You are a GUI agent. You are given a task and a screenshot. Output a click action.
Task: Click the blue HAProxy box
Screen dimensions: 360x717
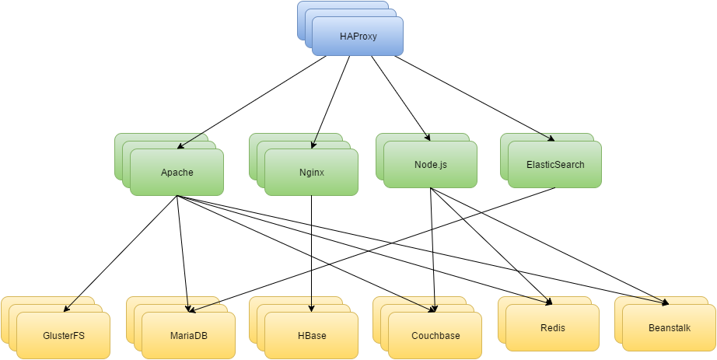358,37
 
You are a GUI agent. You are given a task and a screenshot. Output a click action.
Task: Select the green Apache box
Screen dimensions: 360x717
177,172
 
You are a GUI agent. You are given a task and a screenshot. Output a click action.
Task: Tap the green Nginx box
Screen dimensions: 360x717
311,172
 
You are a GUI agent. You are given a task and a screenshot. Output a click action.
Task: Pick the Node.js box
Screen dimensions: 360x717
430,165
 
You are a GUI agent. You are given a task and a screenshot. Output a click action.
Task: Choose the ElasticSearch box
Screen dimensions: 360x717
554,164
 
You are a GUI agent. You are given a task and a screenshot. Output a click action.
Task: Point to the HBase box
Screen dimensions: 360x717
311,336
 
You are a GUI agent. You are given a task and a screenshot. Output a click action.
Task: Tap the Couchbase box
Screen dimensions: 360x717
435,336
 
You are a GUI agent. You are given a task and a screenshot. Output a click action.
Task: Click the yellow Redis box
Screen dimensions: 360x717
552,327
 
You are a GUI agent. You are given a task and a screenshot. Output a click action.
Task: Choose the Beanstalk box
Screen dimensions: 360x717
669,327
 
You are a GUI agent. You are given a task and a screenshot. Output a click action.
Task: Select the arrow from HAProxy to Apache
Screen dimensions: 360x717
257,100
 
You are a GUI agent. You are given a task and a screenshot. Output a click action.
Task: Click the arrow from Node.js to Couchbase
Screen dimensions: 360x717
433,249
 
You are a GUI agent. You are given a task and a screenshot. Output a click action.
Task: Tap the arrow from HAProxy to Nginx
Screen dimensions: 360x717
330,101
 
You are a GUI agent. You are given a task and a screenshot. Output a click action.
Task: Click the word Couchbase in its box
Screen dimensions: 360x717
435,336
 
